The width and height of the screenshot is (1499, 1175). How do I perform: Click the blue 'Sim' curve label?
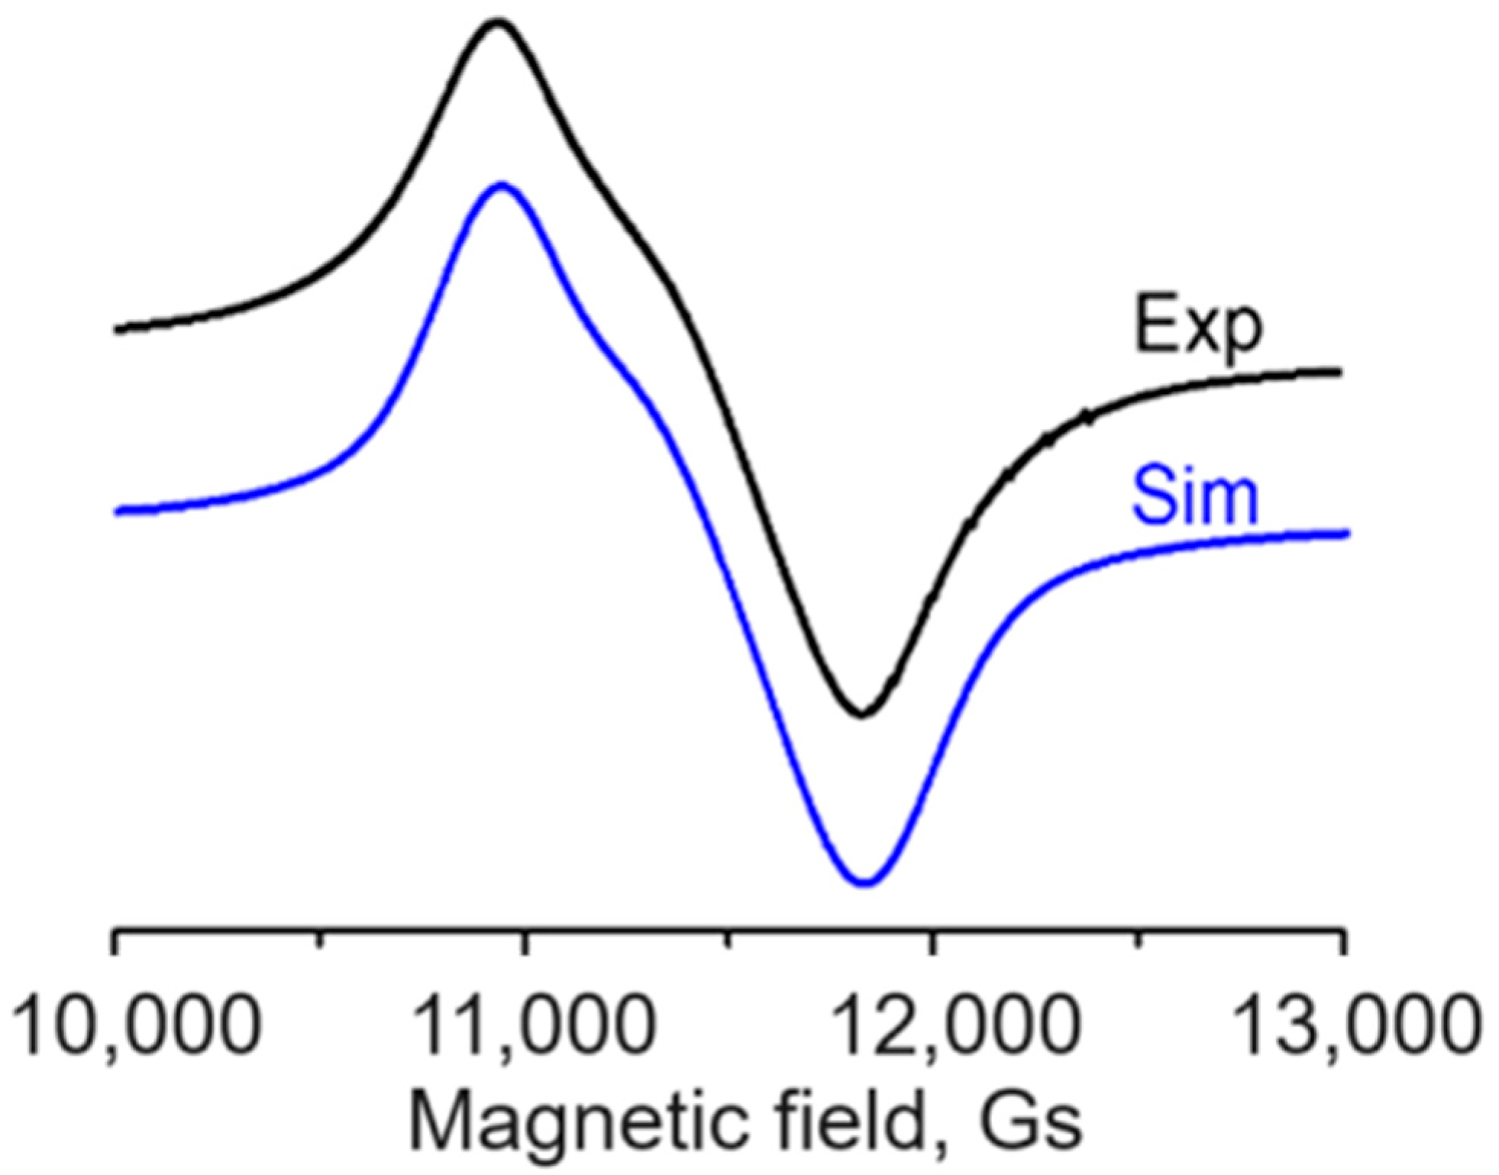pyautogui.click(x=1194, y=497)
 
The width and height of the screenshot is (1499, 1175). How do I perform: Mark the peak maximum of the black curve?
pyautogui.click(x=498, y=22)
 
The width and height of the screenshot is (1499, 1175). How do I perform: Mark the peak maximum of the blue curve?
pyautogui.click(x=501, y=185)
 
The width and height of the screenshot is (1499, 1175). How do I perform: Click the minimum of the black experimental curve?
pyautogui.click(x=861, y=715)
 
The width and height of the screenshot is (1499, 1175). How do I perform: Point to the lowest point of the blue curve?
pyautogui.click(x=865, y=883)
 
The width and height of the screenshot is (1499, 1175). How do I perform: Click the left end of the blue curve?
pyautogui.click(x=117, y=512)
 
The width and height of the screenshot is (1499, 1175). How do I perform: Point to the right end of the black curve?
pyautogui.click(x=1339, y=372)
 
